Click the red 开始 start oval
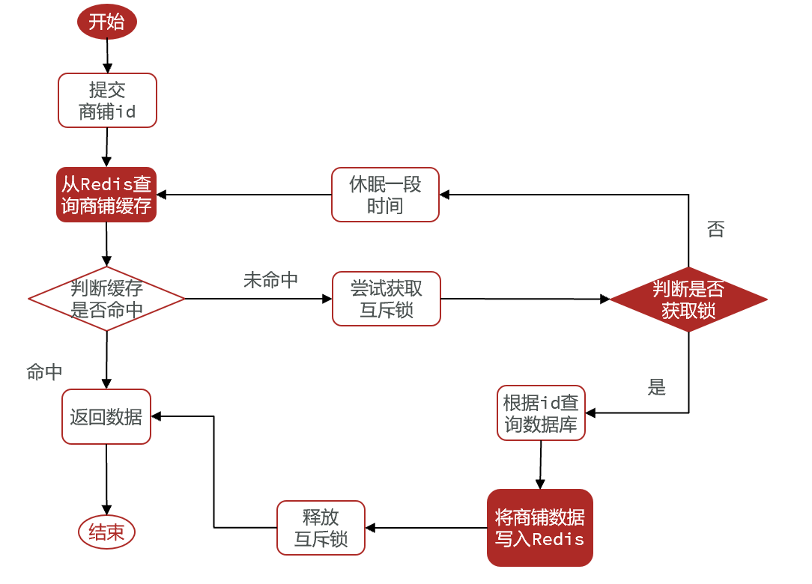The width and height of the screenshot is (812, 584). point(107,22)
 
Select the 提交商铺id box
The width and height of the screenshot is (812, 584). point(107,100)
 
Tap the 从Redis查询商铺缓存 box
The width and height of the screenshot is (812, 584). point(106,195)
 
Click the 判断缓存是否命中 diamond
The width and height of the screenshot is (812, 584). point(106,299)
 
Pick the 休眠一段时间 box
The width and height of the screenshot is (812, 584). point(385,195)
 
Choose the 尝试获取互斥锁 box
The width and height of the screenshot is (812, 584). point(386,299)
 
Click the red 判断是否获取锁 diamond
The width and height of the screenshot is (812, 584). point(688,299)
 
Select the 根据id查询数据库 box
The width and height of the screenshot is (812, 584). point(541,413)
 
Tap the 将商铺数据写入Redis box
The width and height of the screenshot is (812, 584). point(539,528)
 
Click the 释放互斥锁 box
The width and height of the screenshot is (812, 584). point(321,528)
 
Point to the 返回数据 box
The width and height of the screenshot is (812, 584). point(106,416)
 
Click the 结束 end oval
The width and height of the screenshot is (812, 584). point(106,532)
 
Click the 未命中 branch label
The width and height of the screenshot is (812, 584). point(270,280)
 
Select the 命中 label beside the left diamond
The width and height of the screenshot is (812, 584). point(44,371)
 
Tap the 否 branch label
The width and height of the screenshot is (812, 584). point(715,230)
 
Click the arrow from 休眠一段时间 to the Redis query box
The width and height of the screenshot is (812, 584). point(243,195)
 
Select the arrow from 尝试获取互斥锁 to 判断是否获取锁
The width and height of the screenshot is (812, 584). point(524,299)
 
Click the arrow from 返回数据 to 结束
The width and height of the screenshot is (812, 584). point(106,479)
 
